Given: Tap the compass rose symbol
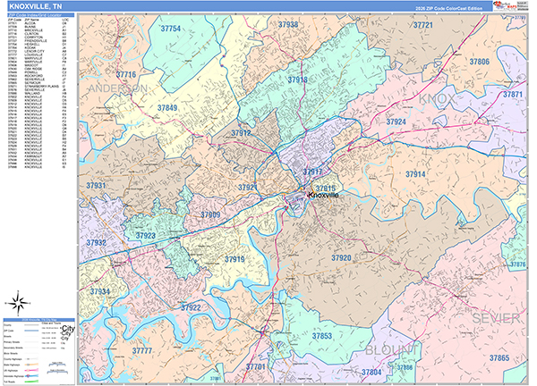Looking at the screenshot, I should [19, 300].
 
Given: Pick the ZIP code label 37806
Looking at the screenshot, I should [479, 62].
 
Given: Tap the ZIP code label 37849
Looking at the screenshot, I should [167, 108].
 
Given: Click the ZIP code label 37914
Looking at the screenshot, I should [414, 174].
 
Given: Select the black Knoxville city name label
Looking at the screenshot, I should [328, 195].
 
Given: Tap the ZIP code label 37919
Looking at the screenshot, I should [234, 259].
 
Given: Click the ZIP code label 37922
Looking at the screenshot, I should [190, 307].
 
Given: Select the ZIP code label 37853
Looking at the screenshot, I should [322, 336].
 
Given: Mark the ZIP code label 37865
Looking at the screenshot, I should [499, 358].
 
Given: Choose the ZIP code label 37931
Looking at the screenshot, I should [96, 185].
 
